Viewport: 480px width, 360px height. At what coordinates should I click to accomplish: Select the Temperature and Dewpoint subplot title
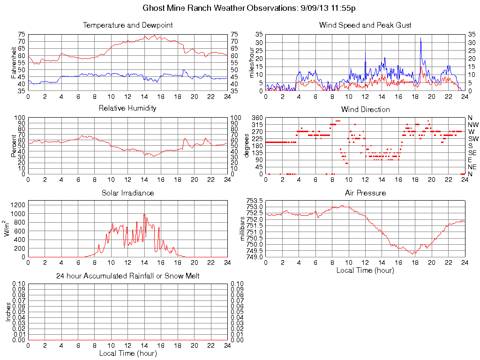pyautogui.click(x=127, y=25)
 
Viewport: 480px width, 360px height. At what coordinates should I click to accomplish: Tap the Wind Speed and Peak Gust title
pyautogui.click(x=365, y=25)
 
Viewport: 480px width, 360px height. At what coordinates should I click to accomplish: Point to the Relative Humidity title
pyautogui.click(x=127, y=108)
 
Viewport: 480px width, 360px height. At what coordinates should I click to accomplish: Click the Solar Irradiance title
pyautogui.click(x=127, y=193)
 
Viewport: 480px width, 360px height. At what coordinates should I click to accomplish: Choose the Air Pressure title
pyautogui.click(x=365, y=193)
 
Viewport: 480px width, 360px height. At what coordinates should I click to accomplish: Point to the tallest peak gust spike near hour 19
pyautogui.click(x=420, y=38)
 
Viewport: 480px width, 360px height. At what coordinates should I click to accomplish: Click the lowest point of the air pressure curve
pyautogui.click(x=414, y=254)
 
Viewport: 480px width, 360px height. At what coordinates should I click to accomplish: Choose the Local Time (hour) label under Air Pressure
pyautogui.click(x=365, y=270)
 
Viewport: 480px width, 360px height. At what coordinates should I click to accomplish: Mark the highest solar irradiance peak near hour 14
pyautogui.click(x=144, y=215)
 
